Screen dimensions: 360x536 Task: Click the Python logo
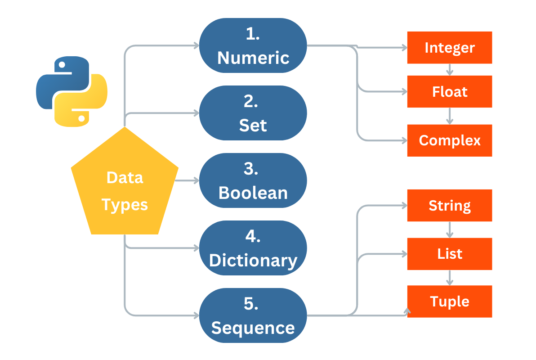pyautogui.click(x=71, y=91)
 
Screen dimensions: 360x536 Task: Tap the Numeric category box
pyautogui.click(x=253, y=45)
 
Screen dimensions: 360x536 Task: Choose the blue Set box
pyautogui.click(x=253, y=113)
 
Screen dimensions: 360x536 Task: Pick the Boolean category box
pyautogui.click(x=253, y=180)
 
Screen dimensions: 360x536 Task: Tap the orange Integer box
pyautogui.click(x=450, y=48)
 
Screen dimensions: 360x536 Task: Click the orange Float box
pyautogui.click(x=450, y=92)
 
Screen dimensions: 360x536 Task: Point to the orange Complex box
pyautogui.click(x=450, y=140)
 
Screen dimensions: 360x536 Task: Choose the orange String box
pyautogui.click(x=450, y=206)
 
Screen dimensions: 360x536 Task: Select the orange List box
pyautogui.click(x=450, y=254)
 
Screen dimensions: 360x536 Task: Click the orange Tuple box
pyautogui.click(x=450, y=301)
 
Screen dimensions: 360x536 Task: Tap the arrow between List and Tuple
pyautogui.click(x=450, y=278)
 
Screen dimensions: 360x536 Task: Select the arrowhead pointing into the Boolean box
pyautogui.click(x=196, y=180)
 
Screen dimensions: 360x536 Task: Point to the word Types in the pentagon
pyautogui.click(x=125, y=205)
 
